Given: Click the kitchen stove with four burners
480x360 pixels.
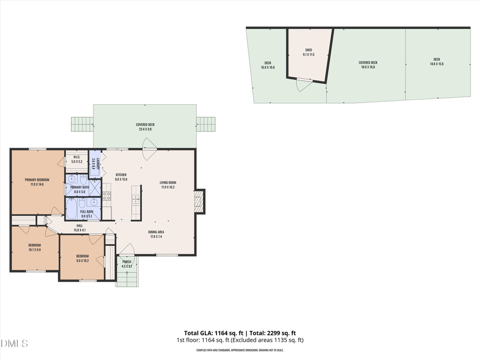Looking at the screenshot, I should (x=107, y=196).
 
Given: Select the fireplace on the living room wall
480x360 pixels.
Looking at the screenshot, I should (x=199, y=202).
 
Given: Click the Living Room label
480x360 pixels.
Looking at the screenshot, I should (x=167, y=182).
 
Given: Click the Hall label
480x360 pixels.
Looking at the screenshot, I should (x=79, y=226).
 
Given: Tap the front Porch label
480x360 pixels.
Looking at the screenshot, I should (x=126, y=262).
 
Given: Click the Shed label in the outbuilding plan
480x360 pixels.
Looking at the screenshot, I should (x=308, y=50).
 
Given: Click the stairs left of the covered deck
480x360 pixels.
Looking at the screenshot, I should (x=82, y=124).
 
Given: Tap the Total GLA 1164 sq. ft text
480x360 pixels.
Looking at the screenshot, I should (x=210, y=333).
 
